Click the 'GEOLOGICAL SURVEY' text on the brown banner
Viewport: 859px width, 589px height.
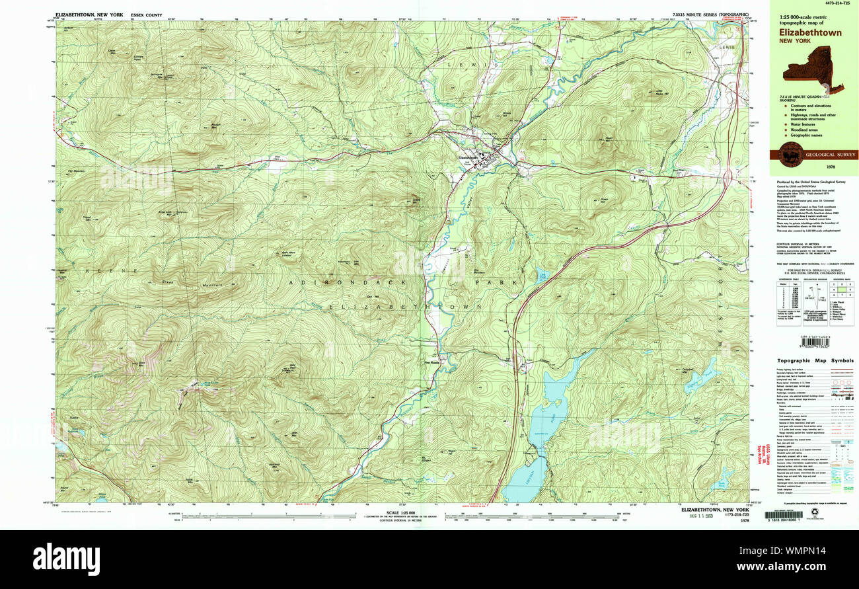click(829, 155)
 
